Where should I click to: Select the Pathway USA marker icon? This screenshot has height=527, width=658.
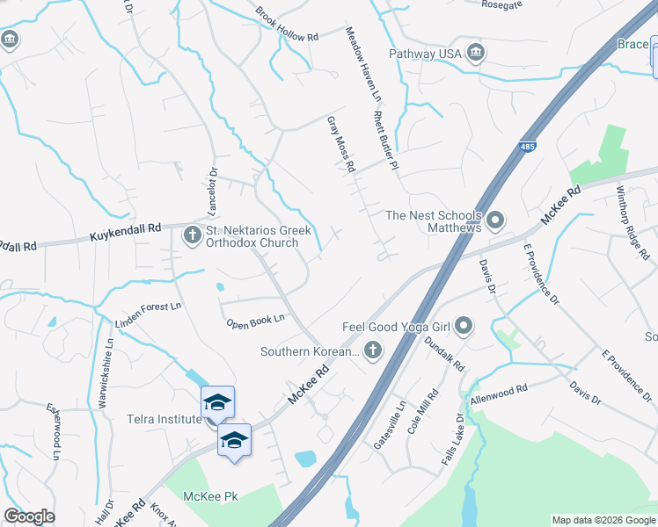pyautogui.click(x=476, y=54)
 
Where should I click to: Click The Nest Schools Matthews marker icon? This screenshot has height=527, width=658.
pyautogui.click(x=495, y=220)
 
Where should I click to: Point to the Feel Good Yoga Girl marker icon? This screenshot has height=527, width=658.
pyautogui.click(x=464, y=328)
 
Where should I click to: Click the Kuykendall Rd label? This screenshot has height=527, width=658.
pyautogui.click(x=127, y=232)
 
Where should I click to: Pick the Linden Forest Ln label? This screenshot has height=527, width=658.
pyautogui.click(x=148, y=316)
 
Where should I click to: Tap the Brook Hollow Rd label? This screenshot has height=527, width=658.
pyautogui.click(x=287, y=25)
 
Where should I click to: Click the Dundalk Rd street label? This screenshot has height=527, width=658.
pyautogui.click(x=443, y=353)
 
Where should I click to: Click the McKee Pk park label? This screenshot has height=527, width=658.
pyautogui.click(x=210, y=496)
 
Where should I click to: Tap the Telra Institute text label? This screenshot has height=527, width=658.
pyautogui.click(x=164, y=419)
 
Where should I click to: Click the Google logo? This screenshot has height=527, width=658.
pyautogui.click(x=29, y=516)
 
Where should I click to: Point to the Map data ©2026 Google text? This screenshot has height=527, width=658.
pyautogui.click(x=603, y=520)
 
